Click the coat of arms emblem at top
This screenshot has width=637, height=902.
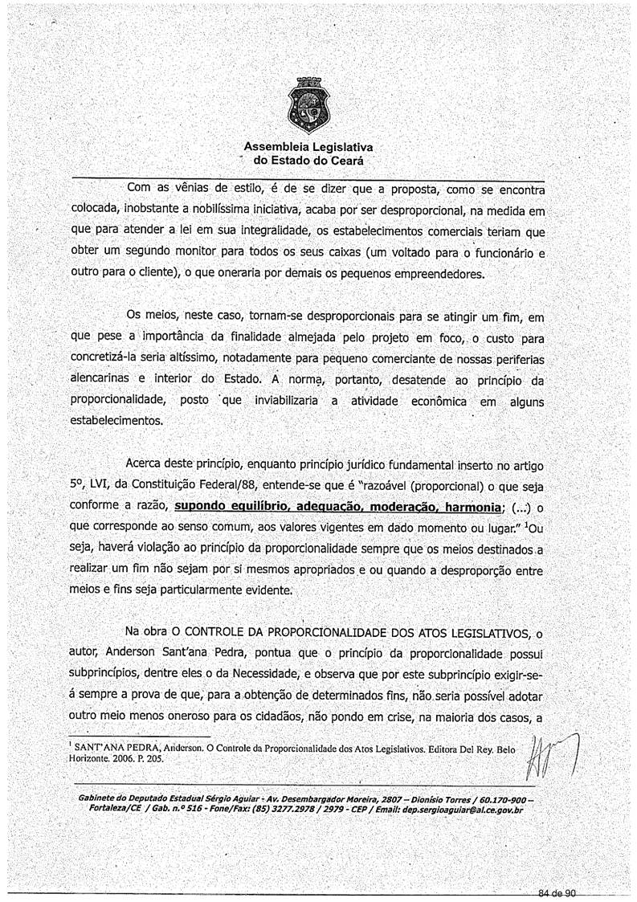click(x=308, y=108)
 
